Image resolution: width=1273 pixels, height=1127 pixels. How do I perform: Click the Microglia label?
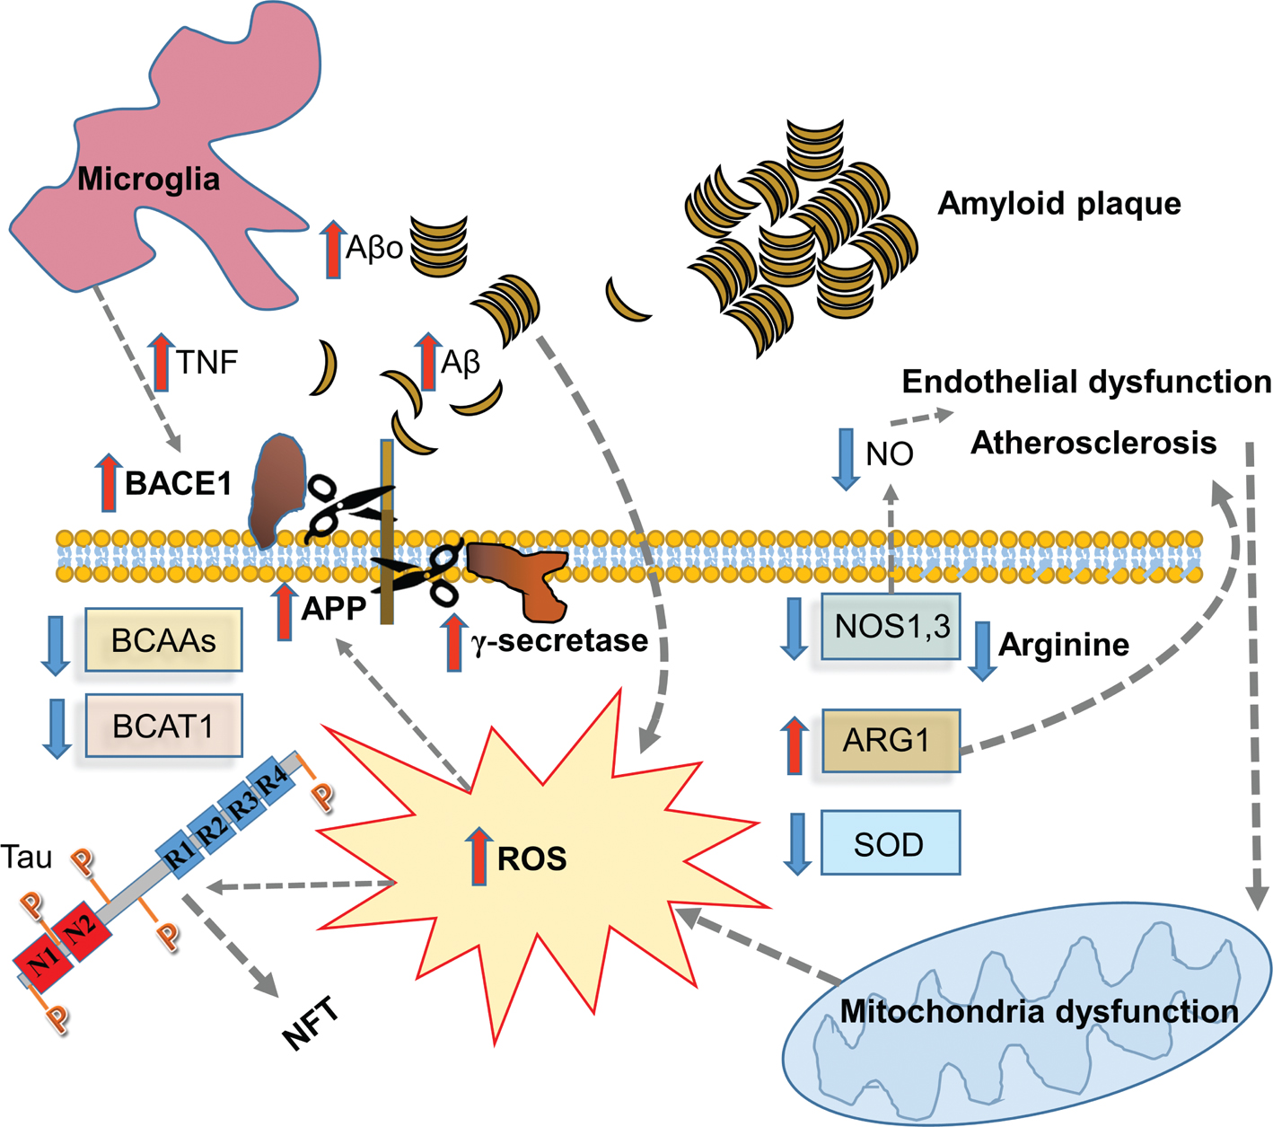tap(148, 179)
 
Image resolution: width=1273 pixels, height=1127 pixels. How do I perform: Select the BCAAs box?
tap(163, 640)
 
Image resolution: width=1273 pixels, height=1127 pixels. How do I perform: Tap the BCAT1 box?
tap(163, 726)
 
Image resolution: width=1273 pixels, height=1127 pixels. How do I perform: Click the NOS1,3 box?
tap(891, 626)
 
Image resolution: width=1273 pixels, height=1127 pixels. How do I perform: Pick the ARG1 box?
tap(891, 741)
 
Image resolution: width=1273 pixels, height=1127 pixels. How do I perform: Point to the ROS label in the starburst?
tap(531, 858)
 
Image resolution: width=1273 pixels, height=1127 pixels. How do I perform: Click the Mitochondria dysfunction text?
tap(1039, 1011)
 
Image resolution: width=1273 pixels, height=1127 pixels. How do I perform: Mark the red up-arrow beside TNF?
tap(162, 362)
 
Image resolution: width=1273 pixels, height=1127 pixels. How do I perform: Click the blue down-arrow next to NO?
tap(846, 459)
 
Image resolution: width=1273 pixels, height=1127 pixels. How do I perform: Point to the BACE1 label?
tap(178, 483)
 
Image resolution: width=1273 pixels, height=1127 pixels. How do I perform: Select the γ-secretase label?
tap(558, 640)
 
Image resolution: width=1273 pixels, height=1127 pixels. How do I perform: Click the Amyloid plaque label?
tap(1058, 204)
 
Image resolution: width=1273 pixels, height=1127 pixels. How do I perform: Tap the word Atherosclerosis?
tap(1093, 443)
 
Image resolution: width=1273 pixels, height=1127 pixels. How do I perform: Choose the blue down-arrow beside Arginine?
tap(982, 649)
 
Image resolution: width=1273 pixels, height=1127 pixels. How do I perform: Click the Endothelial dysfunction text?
tap(1085, 382)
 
